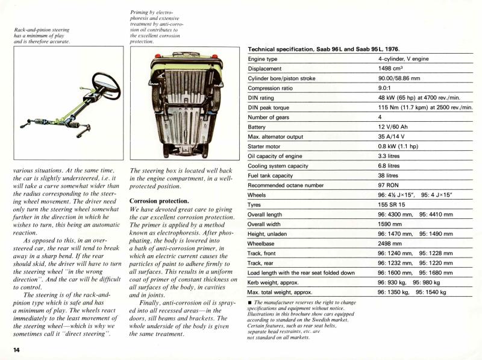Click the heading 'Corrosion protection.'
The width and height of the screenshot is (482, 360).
click(159, 200)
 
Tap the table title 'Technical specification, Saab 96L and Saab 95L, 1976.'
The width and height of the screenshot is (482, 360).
click(324, 49)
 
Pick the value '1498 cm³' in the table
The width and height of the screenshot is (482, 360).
click(392, 69)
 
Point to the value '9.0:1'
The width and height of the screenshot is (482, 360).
click(387, 88)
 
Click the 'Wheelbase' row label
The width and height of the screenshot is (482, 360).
click(266, 244)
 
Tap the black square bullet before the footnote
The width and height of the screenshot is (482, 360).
click(249, 302)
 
